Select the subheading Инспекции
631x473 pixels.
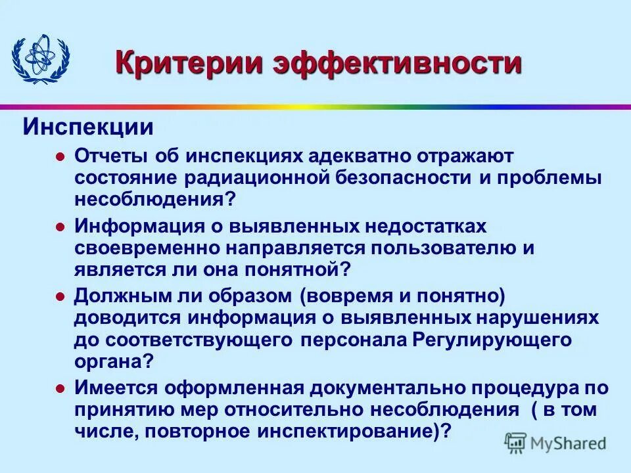click(x=89, y=125)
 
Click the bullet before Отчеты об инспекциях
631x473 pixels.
click(x=60, y=157)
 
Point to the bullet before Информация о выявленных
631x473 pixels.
click(x=60, y=227)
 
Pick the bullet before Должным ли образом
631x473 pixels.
click(x=60, y=296)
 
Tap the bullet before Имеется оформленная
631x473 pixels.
click(x=60, y=388)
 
